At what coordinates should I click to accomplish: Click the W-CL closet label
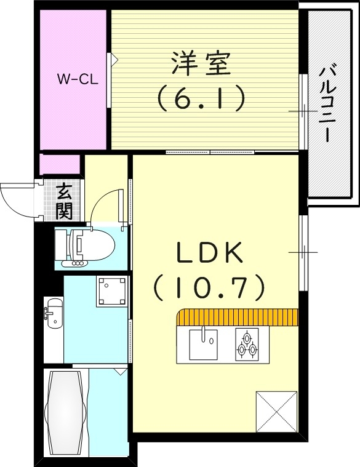coord(74,79)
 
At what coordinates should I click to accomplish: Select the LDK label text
coord(209,253)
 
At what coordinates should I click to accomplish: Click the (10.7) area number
coord(209,285)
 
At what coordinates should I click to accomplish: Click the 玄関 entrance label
coord(64,202)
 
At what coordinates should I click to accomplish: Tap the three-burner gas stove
coord(246,345)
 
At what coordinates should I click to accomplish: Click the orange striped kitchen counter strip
coord(238,317)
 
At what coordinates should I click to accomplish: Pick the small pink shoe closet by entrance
coord(60,164)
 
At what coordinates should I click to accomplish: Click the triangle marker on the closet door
coord(114,60)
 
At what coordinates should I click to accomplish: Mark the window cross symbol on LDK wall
coord(303,252)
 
